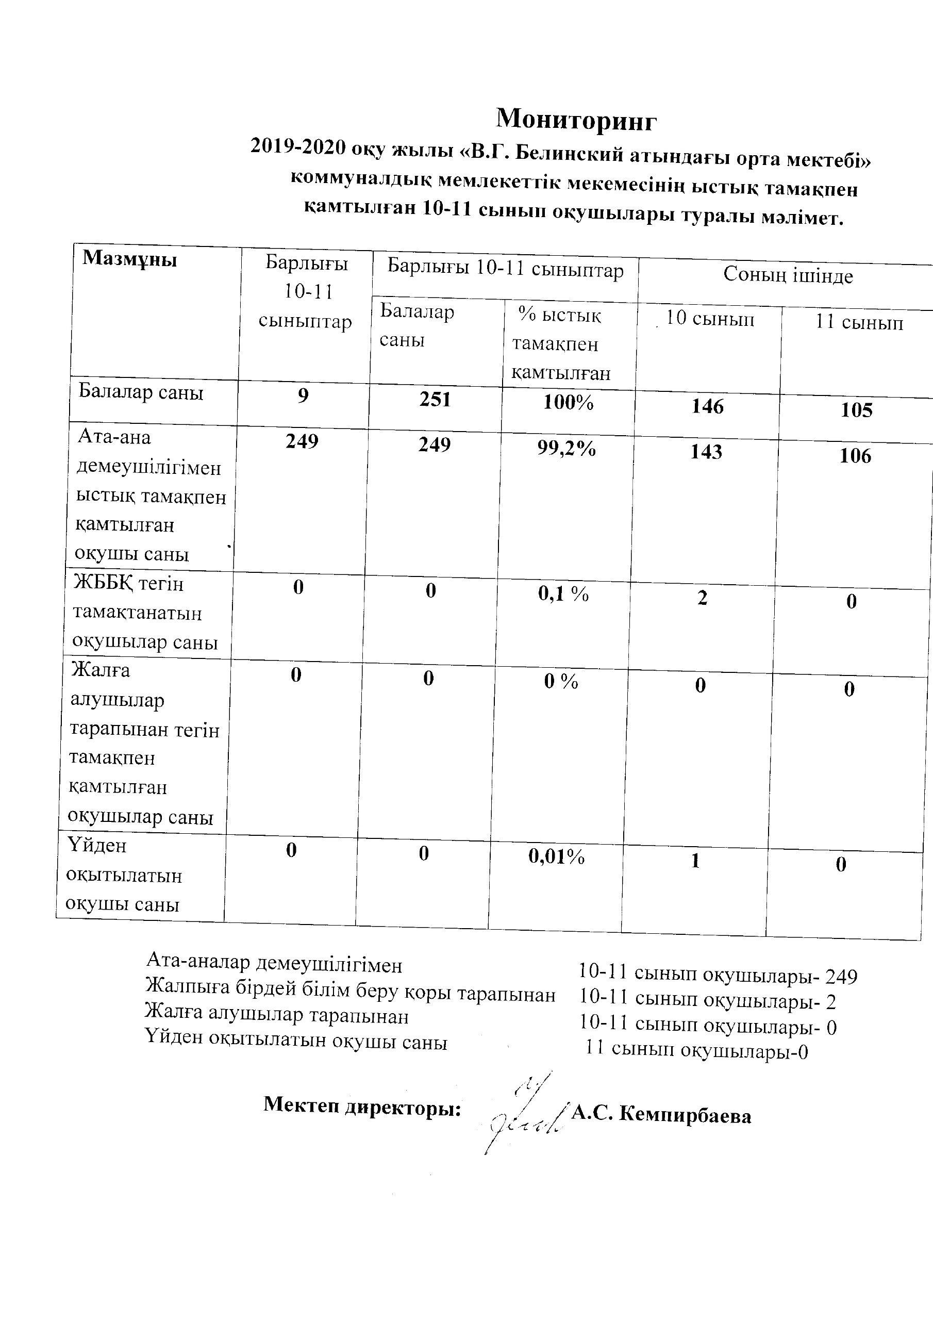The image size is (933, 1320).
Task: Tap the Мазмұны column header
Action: (x=129, y=259)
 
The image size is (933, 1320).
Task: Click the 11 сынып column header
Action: (x=859, y=323)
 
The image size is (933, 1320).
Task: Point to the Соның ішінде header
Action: (x=788, y=275)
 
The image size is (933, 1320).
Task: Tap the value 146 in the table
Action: (x=707, y=407)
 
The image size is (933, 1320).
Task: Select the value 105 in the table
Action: (x=856, y=410)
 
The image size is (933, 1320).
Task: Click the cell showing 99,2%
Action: (x=566, y=449)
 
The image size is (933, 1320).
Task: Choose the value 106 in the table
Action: (x=855, y=456)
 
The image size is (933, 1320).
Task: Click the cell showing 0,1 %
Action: (x=563, y=595)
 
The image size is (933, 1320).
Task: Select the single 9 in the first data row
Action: (x=303, y=396)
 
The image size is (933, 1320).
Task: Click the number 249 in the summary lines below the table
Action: (x=841, y=977)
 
